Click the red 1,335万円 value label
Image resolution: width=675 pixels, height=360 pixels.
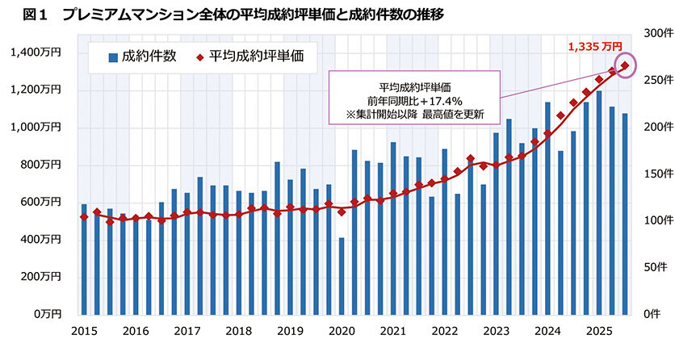pyautogui.click(x=596, y=48)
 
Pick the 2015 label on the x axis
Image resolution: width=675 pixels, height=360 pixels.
pyautogui.click(x=84, y=331)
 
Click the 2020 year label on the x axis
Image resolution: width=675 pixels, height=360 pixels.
pyautogui.click(x=342, y=331)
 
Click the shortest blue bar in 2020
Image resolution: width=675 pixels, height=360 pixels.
pyautogui.click(x=342, y=275)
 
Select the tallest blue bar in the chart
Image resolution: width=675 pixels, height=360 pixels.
pyautogui.click(x=598, y=202)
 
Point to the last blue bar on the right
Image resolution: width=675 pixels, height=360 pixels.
pyautogui.click(x=624, y=213)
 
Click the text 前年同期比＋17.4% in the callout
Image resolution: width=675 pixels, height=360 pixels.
pyautogui.click(x=414, y=100)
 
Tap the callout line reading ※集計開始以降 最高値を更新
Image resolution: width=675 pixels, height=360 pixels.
pyautogui.click(x=414, y=114)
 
